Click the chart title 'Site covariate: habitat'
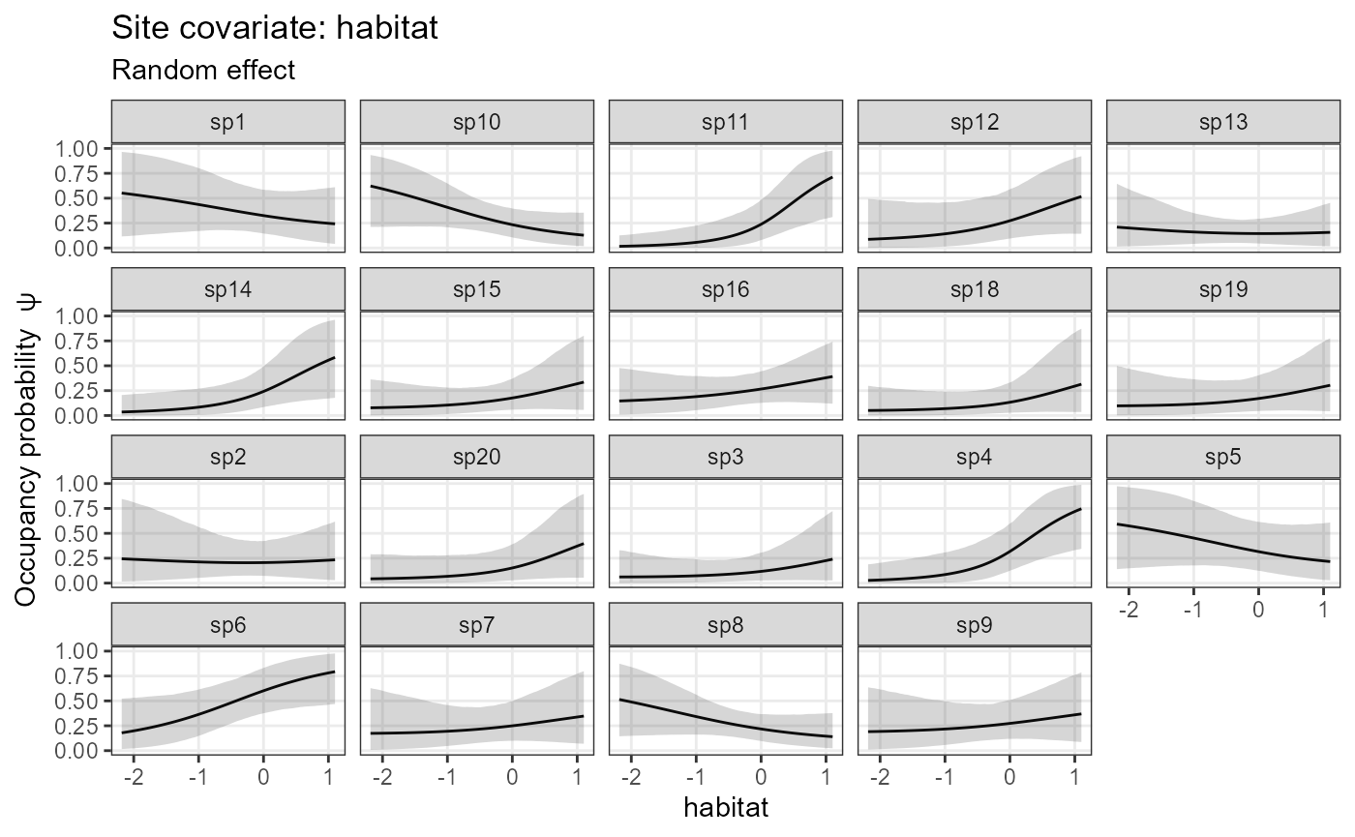pyautogui.click(x=275, y=28)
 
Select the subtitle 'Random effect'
pyautogui.click(x=203, y=71)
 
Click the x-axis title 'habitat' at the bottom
pyautogui.click(x=726, y=807)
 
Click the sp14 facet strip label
pyautogui.click(x=228, y=289)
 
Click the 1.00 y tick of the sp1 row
pyautogui.click(x=78, y=148)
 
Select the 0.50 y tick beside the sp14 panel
pyautogui.click(x=78, y=366)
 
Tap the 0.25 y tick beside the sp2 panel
pyautogui.click(x=78, y=558)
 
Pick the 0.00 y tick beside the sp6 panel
pyautogui.click(x=78, y=751)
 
